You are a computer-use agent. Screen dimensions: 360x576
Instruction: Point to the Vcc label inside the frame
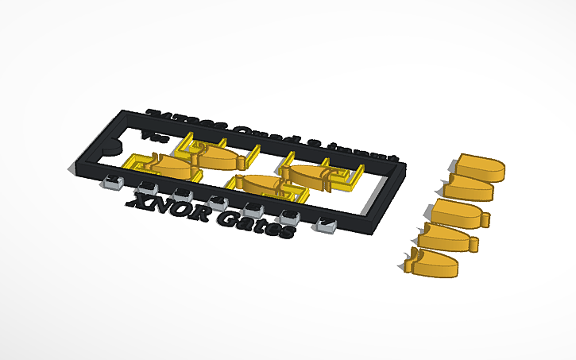tap(148, 136)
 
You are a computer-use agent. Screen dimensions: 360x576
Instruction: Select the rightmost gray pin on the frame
tap(325, 225)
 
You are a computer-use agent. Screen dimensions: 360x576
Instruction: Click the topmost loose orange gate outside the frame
tap(481, 166)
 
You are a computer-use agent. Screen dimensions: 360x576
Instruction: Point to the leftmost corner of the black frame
tap(72, 169)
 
